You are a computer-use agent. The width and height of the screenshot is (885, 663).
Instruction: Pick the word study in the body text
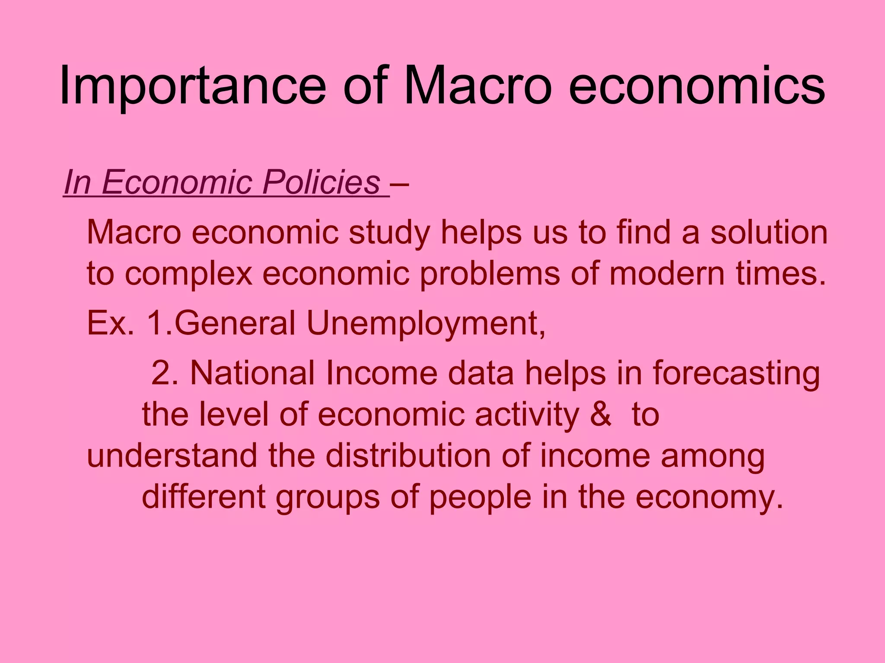(x=389, y=233)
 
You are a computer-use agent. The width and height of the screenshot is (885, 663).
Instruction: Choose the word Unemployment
(x=426, y=324)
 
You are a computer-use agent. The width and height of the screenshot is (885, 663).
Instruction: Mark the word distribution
(x=408, y=456)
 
